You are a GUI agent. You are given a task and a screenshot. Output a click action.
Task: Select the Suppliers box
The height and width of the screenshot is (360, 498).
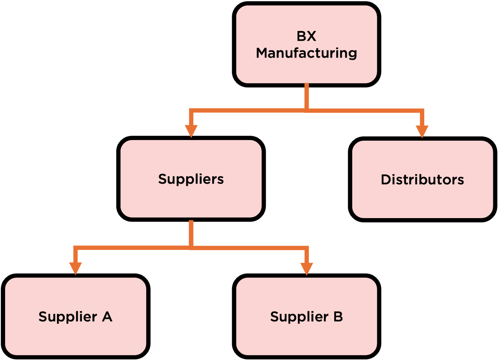click(191, 199)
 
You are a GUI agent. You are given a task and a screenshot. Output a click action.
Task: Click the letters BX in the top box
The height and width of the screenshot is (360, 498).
click(306, 36)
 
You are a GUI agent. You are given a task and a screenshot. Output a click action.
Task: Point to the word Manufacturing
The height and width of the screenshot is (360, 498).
click(306, 53)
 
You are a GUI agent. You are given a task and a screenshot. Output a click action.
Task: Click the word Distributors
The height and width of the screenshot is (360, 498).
click(422, 180)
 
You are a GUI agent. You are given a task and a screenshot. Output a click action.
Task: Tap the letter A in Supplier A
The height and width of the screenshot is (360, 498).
click(107, 317)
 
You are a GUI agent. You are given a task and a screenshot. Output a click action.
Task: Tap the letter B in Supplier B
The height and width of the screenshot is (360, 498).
click(338, 317)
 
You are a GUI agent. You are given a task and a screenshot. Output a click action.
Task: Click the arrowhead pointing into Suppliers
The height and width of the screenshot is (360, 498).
click(191, 131)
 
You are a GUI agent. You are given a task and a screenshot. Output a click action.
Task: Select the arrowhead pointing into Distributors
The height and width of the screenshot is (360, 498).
click(422, 131)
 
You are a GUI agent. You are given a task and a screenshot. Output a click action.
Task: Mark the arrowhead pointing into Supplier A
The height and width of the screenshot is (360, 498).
click(75, 268)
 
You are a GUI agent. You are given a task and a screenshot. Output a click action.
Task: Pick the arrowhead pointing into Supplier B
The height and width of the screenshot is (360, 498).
click(307, 268)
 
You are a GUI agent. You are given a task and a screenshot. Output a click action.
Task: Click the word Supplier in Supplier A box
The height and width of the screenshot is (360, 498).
click(68, 317)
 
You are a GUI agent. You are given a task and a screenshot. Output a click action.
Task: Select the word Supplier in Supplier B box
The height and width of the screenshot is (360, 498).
click(299, 317)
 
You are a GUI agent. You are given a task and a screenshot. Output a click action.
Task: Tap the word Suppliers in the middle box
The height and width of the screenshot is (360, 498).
click(191, 179)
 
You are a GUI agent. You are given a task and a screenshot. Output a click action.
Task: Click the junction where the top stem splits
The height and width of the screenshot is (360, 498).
click(307, 110)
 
